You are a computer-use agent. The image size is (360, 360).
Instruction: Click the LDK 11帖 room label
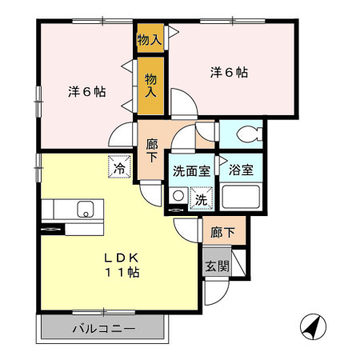click(122, 266)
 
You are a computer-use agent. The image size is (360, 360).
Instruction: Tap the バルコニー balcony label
click(104, 329)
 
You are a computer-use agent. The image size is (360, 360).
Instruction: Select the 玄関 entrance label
click(215, 267)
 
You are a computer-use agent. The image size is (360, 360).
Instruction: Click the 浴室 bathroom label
click(241, 170)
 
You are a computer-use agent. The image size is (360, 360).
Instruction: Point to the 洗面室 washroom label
click(192, 170)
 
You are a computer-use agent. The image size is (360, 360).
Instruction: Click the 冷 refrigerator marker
click(118, 168)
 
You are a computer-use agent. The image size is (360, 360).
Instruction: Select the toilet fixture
click(247, 132)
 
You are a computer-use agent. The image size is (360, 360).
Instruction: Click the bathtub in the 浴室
click(242, 196)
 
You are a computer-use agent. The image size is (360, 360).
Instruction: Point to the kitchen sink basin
click(85, 210)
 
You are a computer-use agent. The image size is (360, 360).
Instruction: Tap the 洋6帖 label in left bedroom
click(86, 91)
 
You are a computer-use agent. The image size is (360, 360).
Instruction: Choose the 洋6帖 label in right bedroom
click(229, 73)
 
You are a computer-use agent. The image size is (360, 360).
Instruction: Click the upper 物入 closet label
click(150, 38)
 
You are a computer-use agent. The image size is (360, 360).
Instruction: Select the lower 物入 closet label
click(150, 83)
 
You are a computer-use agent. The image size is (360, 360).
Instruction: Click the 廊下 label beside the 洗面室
click(152, 150)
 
